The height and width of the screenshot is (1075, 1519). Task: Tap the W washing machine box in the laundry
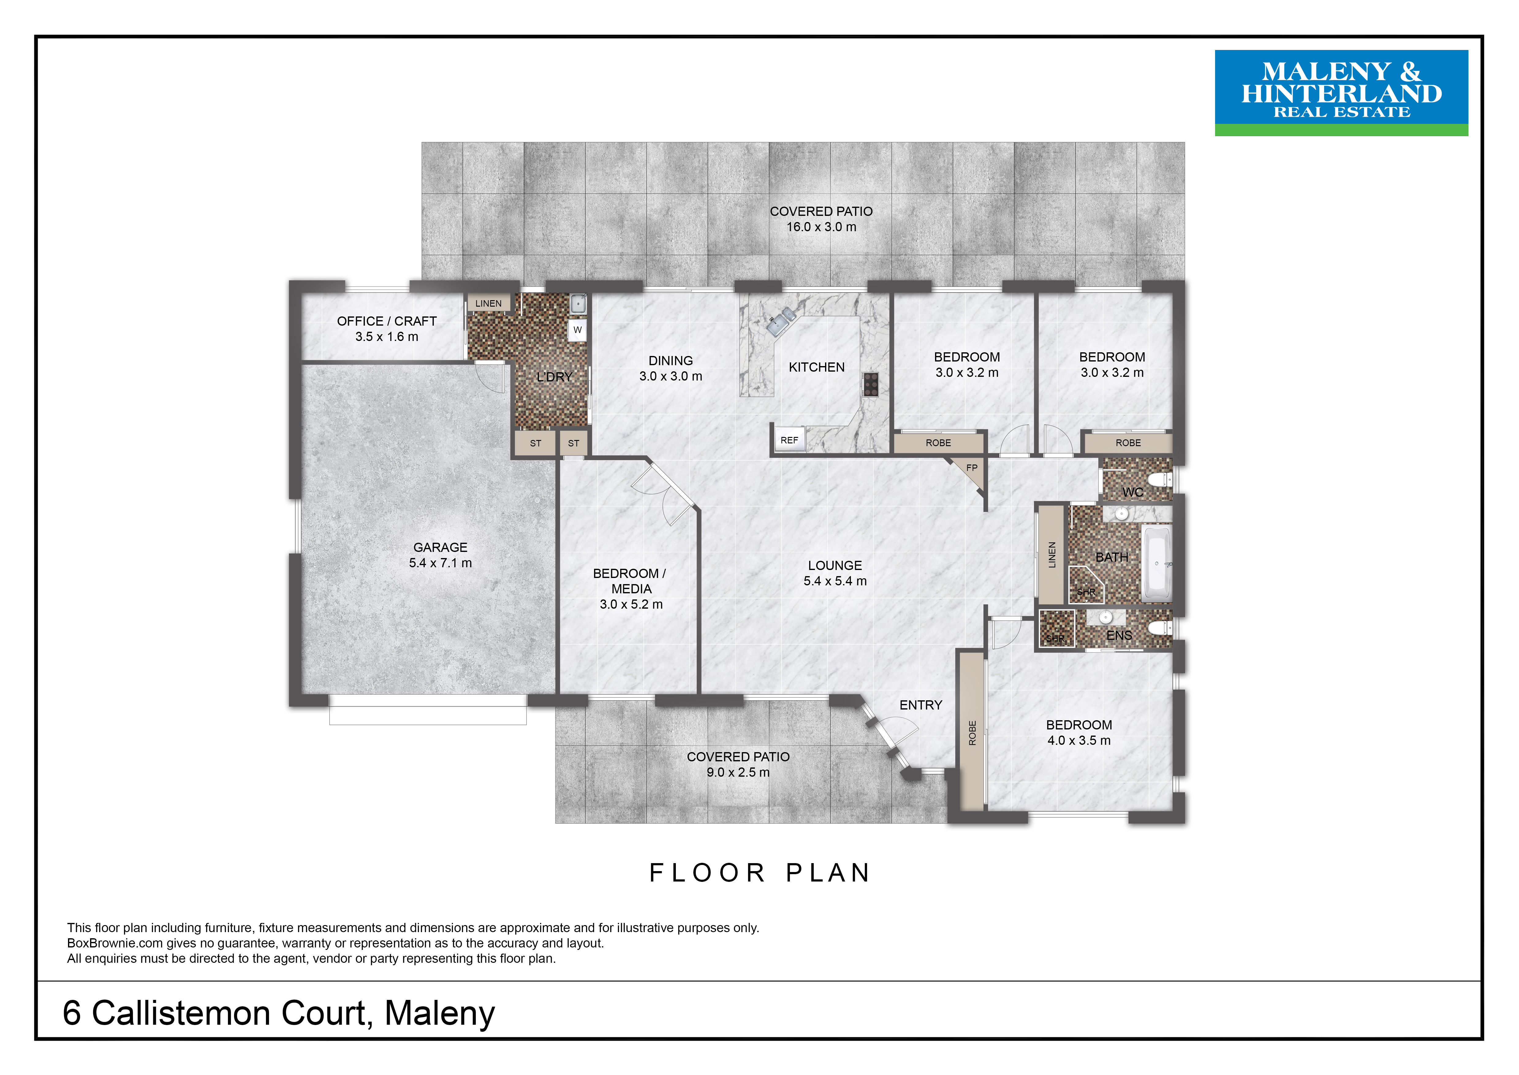(578, 330)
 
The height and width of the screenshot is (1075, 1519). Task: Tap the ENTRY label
(920, 705)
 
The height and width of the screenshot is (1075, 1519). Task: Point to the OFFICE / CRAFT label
(387, 321)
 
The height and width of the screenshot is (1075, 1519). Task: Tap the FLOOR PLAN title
(759, 872)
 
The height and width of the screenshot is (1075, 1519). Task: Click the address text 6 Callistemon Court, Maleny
(278, 1013)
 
